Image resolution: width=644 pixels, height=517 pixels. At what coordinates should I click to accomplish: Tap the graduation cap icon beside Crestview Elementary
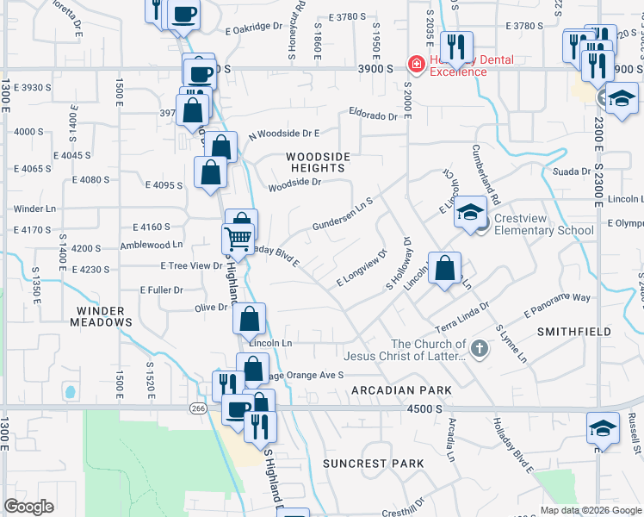471,212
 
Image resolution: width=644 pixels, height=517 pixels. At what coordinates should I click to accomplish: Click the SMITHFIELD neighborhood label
574,331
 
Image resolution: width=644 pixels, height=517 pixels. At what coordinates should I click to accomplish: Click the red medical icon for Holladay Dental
415,65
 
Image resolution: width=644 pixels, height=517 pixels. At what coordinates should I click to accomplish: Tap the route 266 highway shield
199,409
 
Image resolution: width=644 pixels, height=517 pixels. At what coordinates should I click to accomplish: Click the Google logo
28,507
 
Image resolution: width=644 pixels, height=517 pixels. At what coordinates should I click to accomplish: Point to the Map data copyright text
590,510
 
